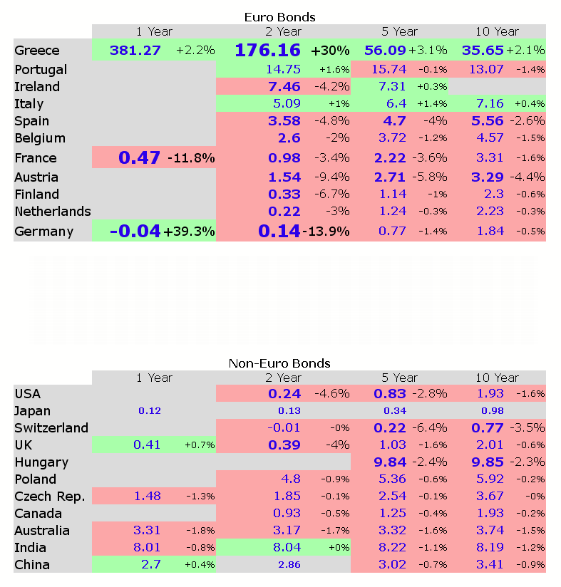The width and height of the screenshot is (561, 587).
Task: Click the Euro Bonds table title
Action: [x=279, y=16]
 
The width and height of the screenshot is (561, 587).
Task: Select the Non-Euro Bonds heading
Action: [x=279, y=363]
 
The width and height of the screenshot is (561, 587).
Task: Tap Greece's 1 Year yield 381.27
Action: [x=135, y=50]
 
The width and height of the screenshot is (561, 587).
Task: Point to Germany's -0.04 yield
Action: [x=135, y=231]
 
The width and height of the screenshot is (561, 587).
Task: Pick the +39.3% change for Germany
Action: [x=189, y=232]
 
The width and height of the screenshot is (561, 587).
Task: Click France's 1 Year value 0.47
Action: [x=139, y=157]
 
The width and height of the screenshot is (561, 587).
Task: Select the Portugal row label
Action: [x=41, y=70]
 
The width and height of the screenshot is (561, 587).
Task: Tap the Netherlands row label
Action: [x=52, y=211]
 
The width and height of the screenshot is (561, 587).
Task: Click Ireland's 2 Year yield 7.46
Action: [x=284, y=87]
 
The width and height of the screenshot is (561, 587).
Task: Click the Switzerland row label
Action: [x=51, y=428]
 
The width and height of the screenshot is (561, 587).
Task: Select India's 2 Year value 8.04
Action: [x=285, y=548]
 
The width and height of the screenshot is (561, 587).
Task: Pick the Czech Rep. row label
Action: [x=49, y=497]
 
